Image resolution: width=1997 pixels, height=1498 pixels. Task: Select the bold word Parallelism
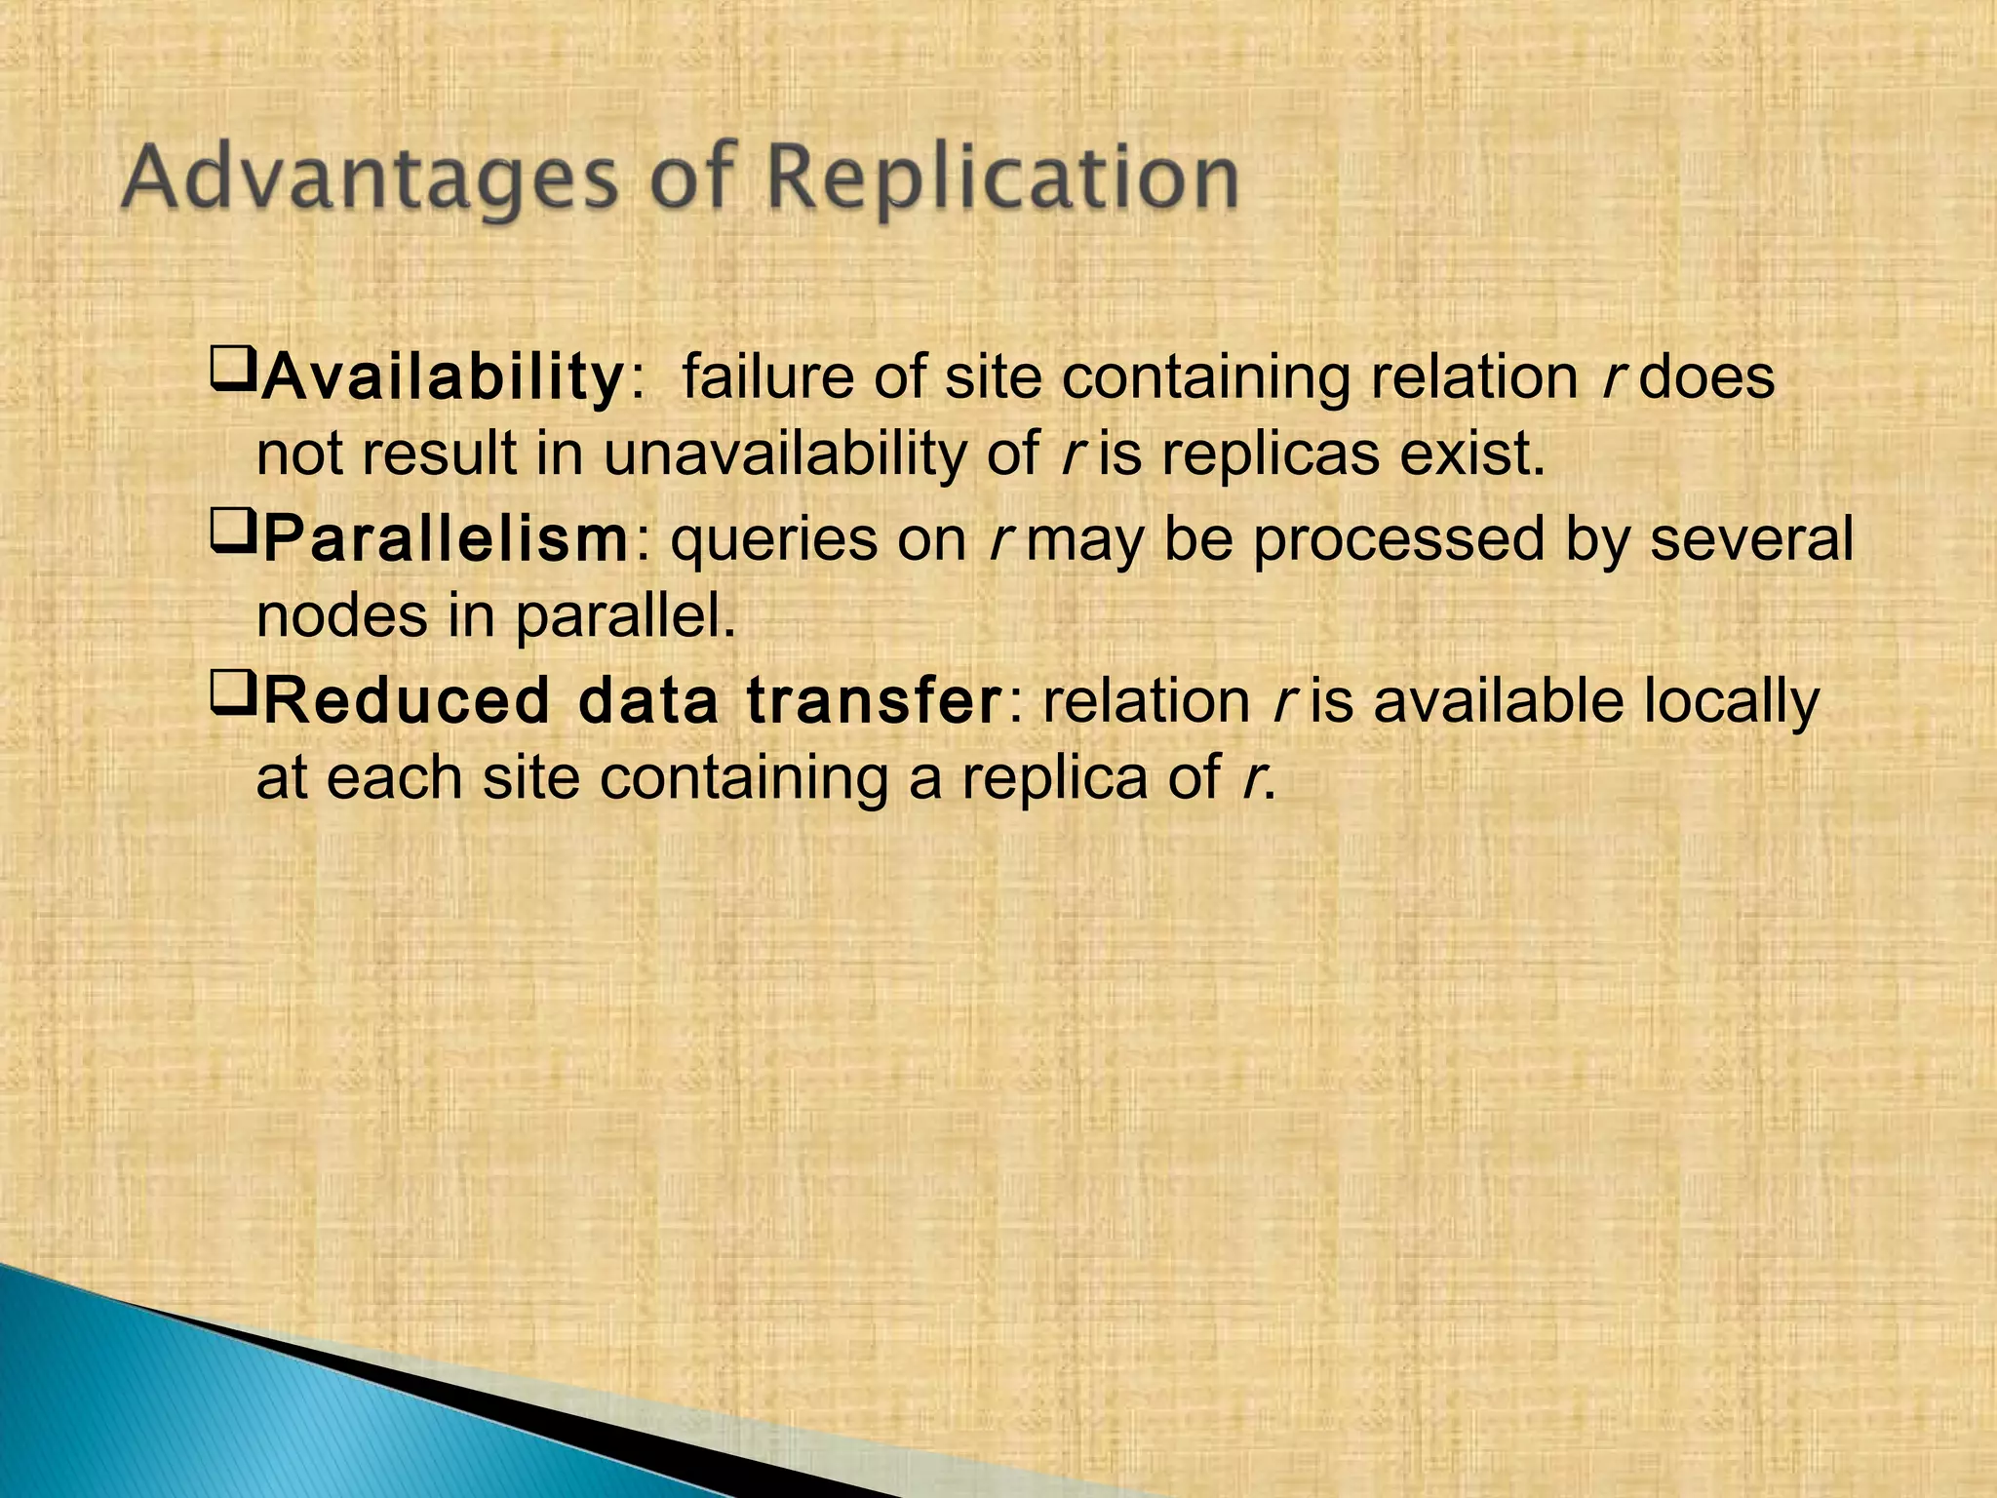(x=447, y=539)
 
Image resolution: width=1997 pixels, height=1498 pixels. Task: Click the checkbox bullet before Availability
(x=232, y=371)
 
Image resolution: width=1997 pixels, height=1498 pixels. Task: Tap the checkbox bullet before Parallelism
(x=232, y=532)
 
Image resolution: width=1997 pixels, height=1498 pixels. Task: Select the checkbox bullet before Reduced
(x=232, y=694)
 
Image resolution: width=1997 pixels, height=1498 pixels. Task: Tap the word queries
(x=774, y=539)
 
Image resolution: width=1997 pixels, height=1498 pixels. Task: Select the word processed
(x=1399, y=539)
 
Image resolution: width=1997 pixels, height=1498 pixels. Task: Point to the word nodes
(x=341, y=616)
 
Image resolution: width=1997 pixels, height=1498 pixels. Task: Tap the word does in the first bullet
(x=1706, y=377)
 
